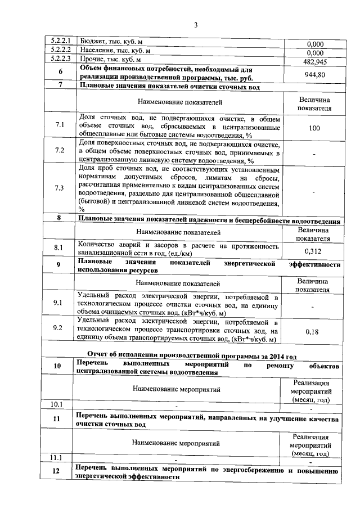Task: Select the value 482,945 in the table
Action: coord(315,61)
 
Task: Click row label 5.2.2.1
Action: coord(60,42)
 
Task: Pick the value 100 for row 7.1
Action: coord(314,128)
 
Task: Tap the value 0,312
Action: coord(313,251)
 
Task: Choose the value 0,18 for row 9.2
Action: coord(312,332)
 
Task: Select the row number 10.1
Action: coord(56,404)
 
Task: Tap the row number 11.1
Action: coord(56,457)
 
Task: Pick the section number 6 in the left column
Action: coord(60,72)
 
